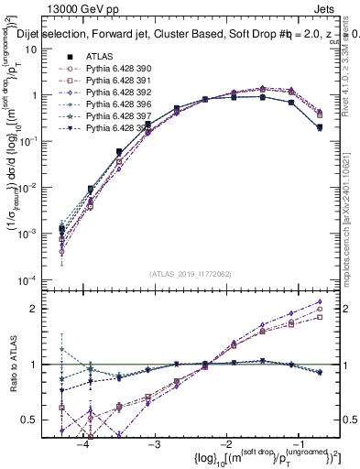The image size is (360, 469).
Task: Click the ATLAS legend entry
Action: pos(99,56)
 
